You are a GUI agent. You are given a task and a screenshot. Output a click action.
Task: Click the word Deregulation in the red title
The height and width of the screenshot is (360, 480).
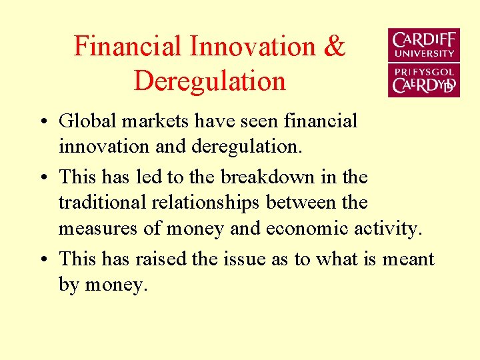[x=209, y=81]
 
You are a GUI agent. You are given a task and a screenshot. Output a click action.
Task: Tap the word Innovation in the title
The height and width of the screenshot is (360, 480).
[x=253, y=47]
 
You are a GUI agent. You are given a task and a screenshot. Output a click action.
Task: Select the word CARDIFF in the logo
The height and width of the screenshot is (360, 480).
[x=424, y=40]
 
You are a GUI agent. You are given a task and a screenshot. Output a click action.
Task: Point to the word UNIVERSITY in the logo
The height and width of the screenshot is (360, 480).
[x=424, y=53]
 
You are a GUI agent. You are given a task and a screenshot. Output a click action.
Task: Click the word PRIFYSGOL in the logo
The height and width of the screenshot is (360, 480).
[x=424, y=71]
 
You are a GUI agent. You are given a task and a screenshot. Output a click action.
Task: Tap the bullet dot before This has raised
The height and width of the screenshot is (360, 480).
[x=42, y=260]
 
